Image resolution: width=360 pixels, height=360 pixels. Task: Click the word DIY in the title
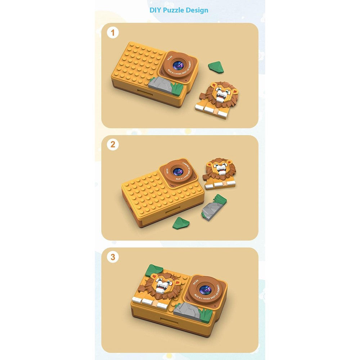point(155,10)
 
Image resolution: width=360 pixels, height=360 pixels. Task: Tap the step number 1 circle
point(113,33)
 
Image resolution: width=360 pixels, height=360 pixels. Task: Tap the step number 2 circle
point(113,145)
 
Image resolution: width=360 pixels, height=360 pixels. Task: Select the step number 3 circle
point(113,257)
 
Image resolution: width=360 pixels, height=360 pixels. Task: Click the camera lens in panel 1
point(178,66)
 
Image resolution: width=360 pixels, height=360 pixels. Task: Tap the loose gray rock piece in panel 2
point(211,210)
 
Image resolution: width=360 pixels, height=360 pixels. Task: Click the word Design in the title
point(197,10)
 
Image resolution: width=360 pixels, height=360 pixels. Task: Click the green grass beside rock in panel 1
point(177,88)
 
